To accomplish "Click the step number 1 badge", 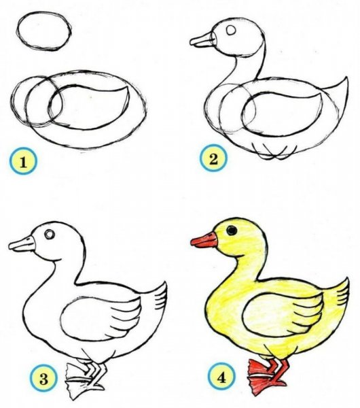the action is click(x=23, y=161).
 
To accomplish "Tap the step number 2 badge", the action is click(x=213, y=158).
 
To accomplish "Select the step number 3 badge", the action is click(x=43, y=378).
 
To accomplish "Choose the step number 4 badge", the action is click(x=221, y=377).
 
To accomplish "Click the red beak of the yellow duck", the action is click(x=204, y=240).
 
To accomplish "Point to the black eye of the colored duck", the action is click(x=232, y=231).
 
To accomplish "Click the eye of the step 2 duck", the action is click(x=231, y=30).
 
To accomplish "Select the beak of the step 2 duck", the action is click(x=202, y=40).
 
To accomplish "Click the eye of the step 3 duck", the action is click(x=50, y=234).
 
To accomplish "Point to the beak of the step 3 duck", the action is click(x=22, y=244).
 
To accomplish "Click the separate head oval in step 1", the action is click(x=44, y=31).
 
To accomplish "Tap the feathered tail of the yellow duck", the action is click(x=338, y=292).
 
